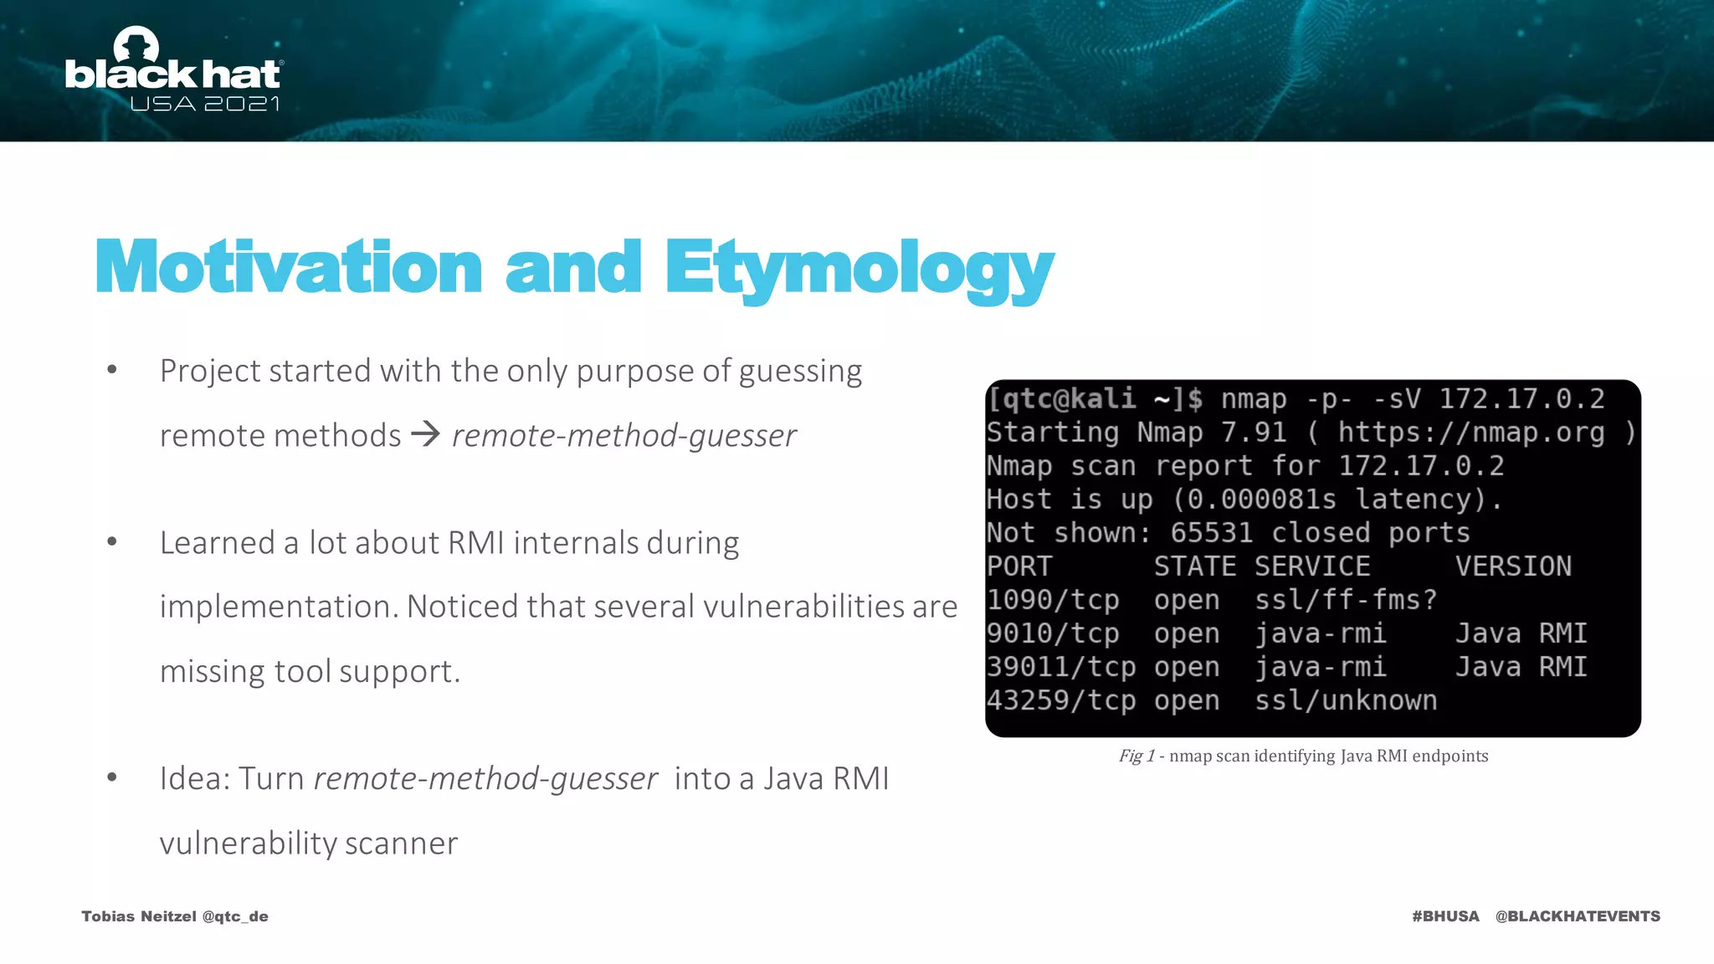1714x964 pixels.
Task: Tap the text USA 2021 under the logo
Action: pyautogui.click(x=204, y=104)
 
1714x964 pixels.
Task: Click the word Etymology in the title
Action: pyautogui.click(x=860, y=269)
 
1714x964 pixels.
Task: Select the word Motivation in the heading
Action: pyautogui.click(x=289, y=267)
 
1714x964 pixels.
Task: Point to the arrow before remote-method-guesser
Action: pyautogui.click(x=426, y=433)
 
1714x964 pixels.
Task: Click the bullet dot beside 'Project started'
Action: pyautogui.click(x=112, y=369)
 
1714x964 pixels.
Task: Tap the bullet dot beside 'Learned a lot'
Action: pyautogui.click(x=112, y=541)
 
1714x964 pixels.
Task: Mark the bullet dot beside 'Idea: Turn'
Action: pyautogui.click(x=112, y=777)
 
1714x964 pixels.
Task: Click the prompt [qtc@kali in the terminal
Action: pyautogui.click(x=1061, y=399)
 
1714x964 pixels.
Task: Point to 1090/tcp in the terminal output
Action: pyautogui.click(x=1053, y=600)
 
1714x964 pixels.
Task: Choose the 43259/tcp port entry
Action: pyautogui.click(x=1061, y=700)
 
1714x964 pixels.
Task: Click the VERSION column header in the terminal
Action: pyautogui.click(x=1513, y=567)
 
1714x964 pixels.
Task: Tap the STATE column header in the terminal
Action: pyautogui.click(x=1194, y=567)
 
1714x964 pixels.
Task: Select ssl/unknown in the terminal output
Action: pyautogui.click(x=1346, y=700)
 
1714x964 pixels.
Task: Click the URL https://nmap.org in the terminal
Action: pyautogui.click(x=1471, y=433)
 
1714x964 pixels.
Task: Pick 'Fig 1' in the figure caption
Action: pyautogui.click(x=1137, y=756)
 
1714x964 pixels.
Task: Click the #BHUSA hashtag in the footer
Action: pyautogui.click(x=1445, y=916)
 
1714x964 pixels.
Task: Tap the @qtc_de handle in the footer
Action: pyautogui.click(x=235, y=916)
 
